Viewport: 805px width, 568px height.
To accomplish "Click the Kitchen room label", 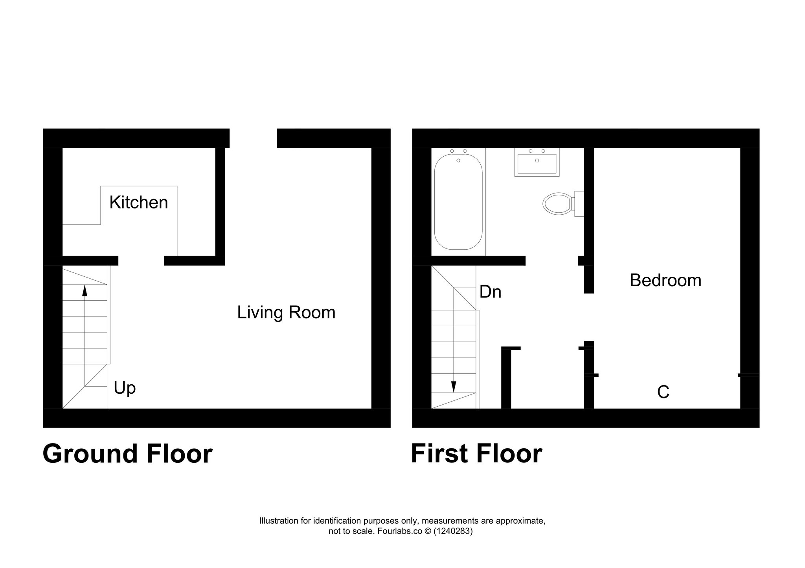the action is pyautogui.click(x=139, y=203).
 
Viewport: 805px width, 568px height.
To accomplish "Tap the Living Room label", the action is pyautogui.click(x=286, y=312).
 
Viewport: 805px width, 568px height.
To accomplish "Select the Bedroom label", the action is pyautogui.click(x=665, y=280).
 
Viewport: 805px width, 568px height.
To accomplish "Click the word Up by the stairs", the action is pyautogui.click(x=125, y=388).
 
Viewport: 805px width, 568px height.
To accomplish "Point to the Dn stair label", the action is pyautogui.click(x=490, y=292).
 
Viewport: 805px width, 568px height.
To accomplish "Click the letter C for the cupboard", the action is pyautogui.click(x=663, y=392).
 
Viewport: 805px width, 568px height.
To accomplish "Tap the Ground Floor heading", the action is pyautogui.click(x=127, y=454).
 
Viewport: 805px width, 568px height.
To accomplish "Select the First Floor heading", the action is pyautogui.click(x=476, y=454).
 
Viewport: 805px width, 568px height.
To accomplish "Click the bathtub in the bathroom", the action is pyautogui.click(x=458, y=202).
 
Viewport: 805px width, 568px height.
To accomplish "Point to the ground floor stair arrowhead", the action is pyautogui.click(x=85, y=290).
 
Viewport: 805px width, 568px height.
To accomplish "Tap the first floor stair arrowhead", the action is pyautogui.click(x=454, y=387).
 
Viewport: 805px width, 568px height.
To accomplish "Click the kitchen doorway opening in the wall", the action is pyautogui.click(x=141, y=261).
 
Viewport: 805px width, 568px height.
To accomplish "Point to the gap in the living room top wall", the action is pyautogui.click(x=253, y=138).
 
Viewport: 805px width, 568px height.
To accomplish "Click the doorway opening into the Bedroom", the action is pyautogui.click(x=589, y=317).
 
